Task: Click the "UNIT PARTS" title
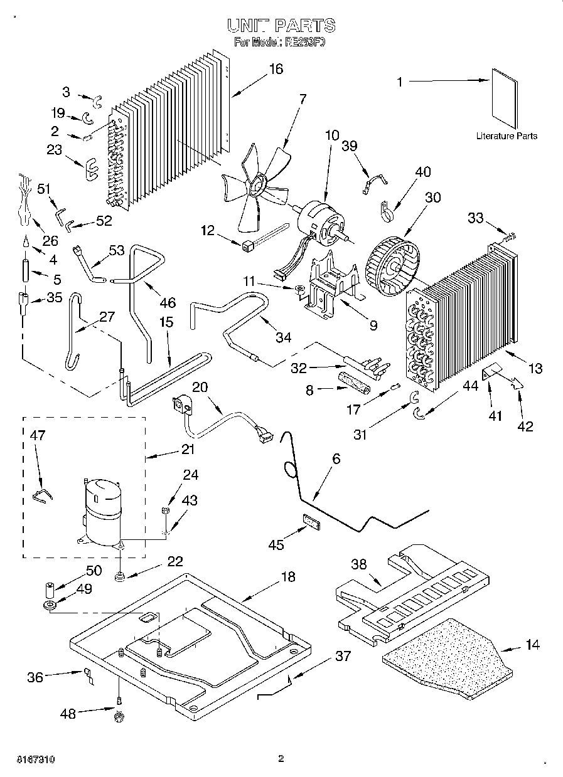pyautogui.click(x=281, y=26)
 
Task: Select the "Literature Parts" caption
pyautogui.click(x=506, y=136)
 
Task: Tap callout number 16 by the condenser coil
pyautogui.click(x=276, y=69)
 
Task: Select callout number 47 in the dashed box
pyautogui.click(x=38, y=435)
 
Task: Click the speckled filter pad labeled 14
pyautogui.click(x=452, y=658)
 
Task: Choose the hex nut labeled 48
pyautogui.click(x=117, y=716)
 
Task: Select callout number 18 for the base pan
pyautogui.click(x=287, y=577)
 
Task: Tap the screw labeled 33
pyautogui.click(x=509, y=236)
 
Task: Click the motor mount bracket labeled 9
pyautogui.click(x=330, y=285)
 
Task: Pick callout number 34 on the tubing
pyautogui.click(x=284, y=337)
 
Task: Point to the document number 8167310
pyautogui.click(x=31, y=759)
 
